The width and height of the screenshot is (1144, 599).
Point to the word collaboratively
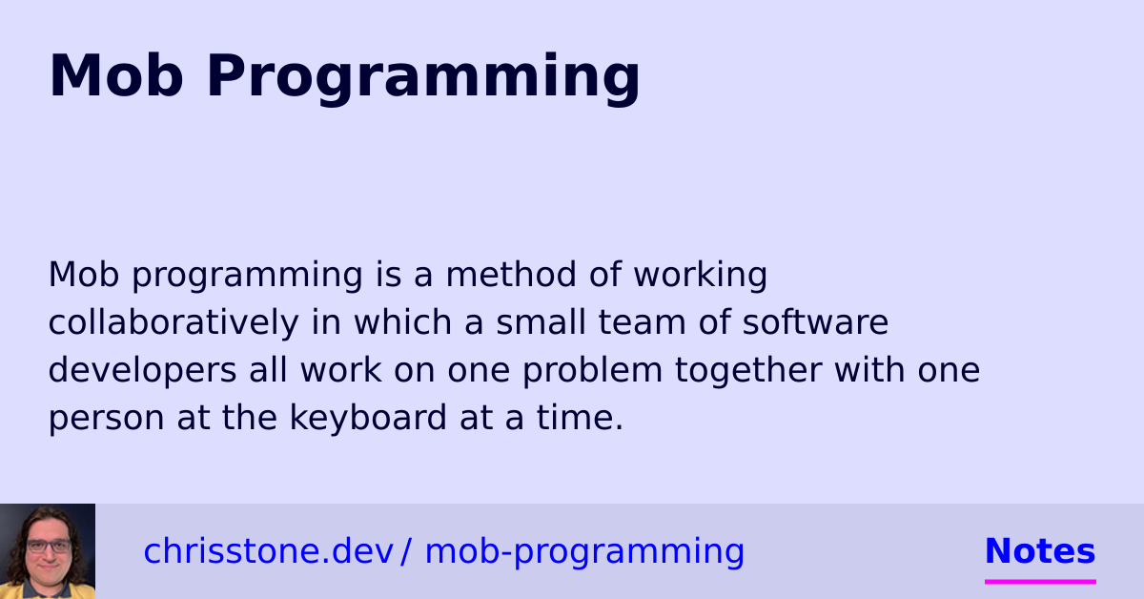(173, 322)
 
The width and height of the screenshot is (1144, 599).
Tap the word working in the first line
(701, 275)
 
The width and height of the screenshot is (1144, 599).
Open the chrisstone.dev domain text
(268, 551)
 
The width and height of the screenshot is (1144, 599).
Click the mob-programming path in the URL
(584, 551)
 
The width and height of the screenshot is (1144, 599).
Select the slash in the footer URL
(406, 551)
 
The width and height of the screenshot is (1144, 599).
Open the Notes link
(1040, 551)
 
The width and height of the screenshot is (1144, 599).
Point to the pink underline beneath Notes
(1040, 580)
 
